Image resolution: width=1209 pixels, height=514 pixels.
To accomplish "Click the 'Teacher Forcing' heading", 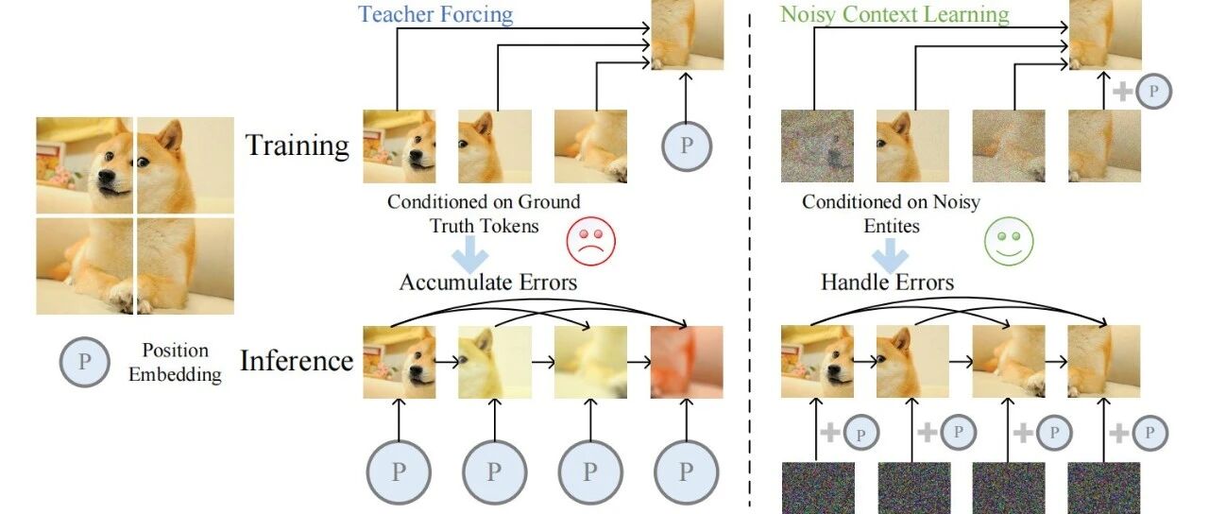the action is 435,14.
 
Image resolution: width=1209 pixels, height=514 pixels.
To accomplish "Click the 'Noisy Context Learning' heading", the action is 894,14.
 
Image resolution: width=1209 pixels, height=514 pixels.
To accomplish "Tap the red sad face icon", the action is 591,241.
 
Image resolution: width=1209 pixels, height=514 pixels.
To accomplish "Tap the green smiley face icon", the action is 1009,241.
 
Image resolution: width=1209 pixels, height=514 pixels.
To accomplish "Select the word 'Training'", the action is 298,146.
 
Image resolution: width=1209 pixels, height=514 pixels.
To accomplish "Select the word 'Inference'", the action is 297,361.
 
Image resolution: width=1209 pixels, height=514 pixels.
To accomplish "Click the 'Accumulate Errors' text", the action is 488,283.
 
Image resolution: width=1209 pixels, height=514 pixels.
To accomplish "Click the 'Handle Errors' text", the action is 887,283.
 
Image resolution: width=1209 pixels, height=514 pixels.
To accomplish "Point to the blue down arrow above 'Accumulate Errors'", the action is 469,254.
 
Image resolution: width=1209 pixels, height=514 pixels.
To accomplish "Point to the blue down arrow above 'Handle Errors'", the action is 890,254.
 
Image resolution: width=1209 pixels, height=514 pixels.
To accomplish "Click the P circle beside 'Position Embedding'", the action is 84,362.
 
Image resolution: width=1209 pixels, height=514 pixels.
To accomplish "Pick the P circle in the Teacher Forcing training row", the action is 687,146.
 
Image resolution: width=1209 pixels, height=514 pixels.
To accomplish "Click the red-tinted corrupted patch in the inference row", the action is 687,362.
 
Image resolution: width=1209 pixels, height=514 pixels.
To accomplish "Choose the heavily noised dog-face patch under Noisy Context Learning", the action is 817,146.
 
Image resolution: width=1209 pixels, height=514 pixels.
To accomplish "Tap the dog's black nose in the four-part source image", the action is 106,177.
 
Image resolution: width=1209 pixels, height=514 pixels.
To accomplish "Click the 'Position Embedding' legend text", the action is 175,362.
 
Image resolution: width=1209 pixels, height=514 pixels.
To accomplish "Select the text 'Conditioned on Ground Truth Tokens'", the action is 485,214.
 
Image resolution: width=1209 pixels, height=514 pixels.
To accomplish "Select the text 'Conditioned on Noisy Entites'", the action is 891,214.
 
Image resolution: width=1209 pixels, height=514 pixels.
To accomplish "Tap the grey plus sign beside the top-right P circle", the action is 1123,92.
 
